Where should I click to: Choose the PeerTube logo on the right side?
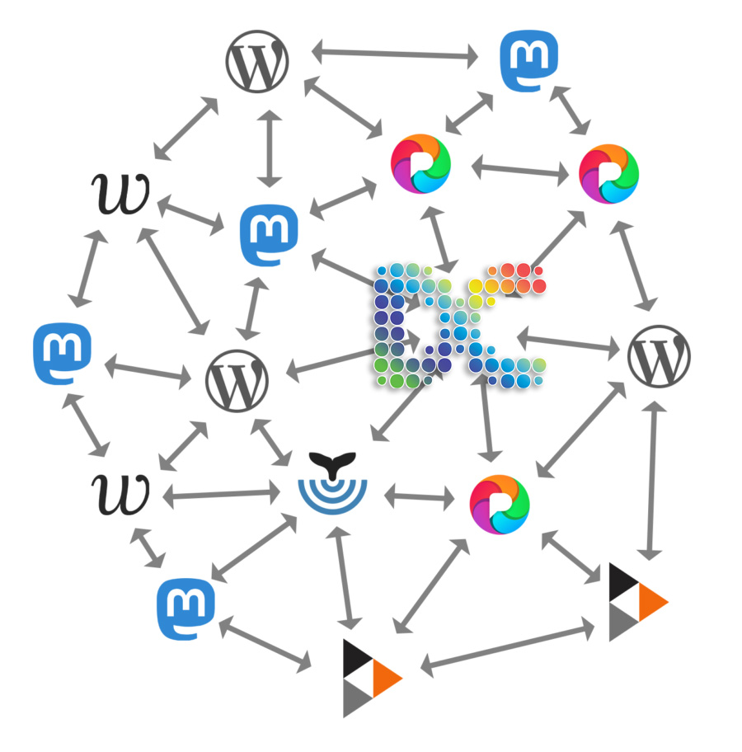click(x=636, y=602)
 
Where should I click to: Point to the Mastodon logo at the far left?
click(x=63, y=354)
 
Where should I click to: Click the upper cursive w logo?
click(x=120, y=194)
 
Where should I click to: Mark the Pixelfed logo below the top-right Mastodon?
click(x=608, y=174)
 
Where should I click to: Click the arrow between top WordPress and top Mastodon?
click(x=396, y=54)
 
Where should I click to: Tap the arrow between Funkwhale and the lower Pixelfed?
click(x=420, y=496)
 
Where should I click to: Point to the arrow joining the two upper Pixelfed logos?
click(x=522, y=170)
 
